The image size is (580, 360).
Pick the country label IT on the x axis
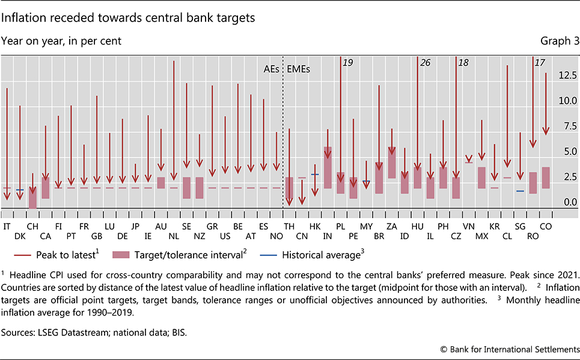click(7, 225)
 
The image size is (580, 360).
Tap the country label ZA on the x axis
click(391, 225)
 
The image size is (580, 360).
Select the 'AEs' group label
click(271, 69)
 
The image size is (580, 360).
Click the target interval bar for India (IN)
click(328, 168)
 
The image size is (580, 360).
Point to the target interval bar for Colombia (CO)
click(546, 178)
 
